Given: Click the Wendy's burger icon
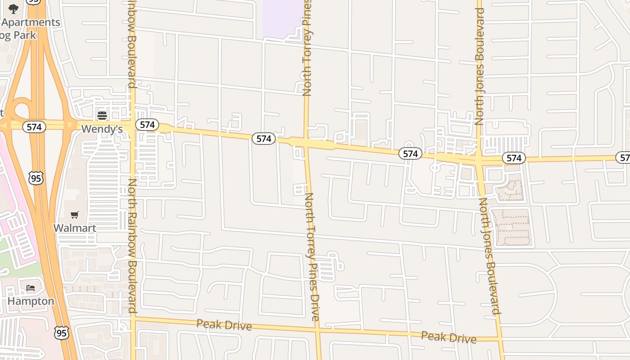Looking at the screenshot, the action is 102,116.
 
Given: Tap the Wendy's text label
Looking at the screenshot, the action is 102,129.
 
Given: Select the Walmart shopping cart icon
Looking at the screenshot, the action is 75,215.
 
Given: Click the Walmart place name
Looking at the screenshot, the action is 75,228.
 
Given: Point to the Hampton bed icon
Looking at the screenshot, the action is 31,288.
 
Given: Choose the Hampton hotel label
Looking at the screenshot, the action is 31,301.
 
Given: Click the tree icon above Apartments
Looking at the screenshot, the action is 13,9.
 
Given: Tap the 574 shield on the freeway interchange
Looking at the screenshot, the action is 34,127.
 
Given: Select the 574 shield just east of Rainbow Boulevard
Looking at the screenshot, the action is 147,125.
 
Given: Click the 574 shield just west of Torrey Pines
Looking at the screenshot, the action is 263,139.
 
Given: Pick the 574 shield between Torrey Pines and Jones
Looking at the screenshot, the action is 410,154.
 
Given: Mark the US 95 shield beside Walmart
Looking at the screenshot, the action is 36,178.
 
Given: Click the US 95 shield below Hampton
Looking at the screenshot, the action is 62,333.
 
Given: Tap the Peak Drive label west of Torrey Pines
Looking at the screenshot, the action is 224,324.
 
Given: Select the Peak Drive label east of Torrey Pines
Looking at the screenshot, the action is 449,337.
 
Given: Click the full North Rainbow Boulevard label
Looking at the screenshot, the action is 133,245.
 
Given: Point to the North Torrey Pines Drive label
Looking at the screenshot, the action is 312,256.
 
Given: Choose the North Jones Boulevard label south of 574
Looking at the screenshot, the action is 489,256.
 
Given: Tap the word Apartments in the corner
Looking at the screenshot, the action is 31,22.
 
